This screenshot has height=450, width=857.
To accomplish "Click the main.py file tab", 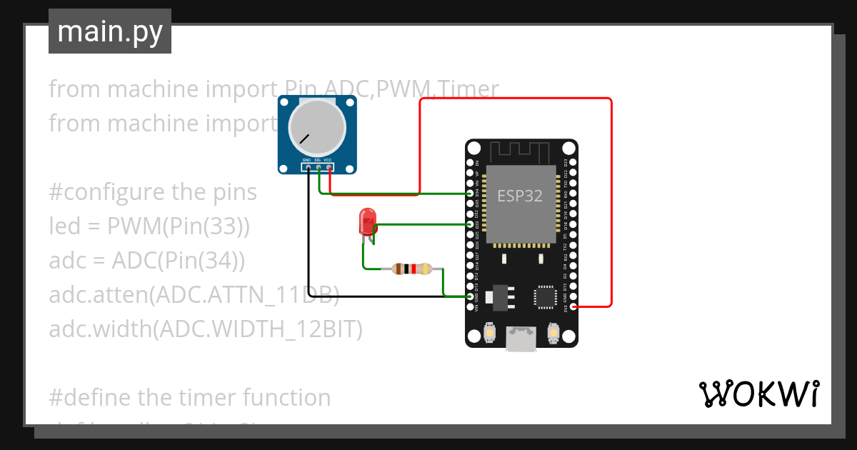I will point(109,31).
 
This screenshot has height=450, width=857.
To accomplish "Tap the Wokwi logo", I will point(758,394).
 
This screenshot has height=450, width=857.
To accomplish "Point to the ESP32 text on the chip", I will point(520,196).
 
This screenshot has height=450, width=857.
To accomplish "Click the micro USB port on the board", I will point(521,338).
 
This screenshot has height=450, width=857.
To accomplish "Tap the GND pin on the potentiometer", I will point(307,168).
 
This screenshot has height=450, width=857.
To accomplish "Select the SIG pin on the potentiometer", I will point(318,168).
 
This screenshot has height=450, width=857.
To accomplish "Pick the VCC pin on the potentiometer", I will point(329,168).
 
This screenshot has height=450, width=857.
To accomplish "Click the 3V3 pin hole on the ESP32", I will point(575,306).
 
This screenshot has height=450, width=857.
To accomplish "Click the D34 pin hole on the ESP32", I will point(469,194).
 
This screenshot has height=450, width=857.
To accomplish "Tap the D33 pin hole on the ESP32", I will point(469,224).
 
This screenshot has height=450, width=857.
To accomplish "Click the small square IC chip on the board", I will point(546,296).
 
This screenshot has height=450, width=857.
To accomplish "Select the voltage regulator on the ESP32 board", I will point(498,296).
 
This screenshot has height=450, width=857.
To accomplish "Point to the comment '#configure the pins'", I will point(153,192).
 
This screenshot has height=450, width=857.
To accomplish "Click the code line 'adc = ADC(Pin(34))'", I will point(147,261).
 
